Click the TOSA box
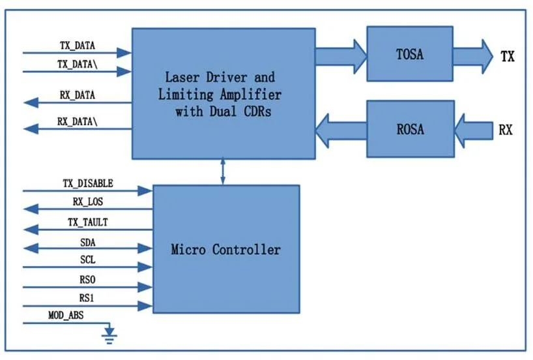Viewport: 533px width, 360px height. [x=410, y=53]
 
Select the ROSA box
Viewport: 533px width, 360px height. [x=411, y=129]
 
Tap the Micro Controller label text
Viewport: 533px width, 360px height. [x=225, y=249]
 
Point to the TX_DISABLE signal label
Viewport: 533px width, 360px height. [x=88, y=183]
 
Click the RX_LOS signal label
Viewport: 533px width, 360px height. [x=88, y=202]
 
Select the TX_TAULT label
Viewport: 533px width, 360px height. [x=88, y=222]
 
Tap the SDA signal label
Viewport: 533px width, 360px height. [x=88, y=243]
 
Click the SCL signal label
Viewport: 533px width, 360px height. [x=88, y=260]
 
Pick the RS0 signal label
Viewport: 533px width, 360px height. [x=87, y=280]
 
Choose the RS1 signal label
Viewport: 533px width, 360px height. [x=87, y=298]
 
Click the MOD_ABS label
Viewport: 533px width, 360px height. [x=66, y=316]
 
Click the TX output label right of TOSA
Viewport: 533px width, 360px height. [x=508, y=56]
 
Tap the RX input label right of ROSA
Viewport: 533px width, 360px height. [x=506, y=130]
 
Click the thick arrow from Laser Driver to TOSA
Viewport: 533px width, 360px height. [x=341, y=57]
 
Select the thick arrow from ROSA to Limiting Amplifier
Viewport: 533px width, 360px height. [x=341, y=130]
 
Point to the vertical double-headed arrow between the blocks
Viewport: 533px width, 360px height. [x=223, y=171]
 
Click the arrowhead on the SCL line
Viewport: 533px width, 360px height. [x=145, y=267]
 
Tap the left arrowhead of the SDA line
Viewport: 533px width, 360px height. [x=31, y=248]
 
